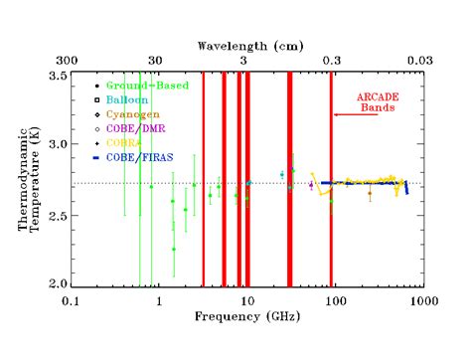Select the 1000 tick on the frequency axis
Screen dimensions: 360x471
coord(421,298)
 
